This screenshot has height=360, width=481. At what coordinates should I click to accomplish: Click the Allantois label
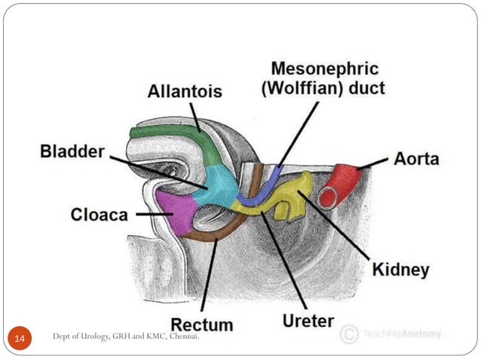click(x=185, y=92)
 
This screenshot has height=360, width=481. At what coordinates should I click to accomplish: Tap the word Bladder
click(x=72, y=152)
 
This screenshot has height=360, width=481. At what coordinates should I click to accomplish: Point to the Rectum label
click(x=201, y=325)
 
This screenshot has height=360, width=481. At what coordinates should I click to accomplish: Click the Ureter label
click(x=308, y=321)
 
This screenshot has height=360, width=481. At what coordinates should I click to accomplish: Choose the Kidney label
click(x=400, y=269)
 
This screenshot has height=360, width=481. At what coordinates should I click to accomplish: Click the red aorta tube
click(x=343, y=183)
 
